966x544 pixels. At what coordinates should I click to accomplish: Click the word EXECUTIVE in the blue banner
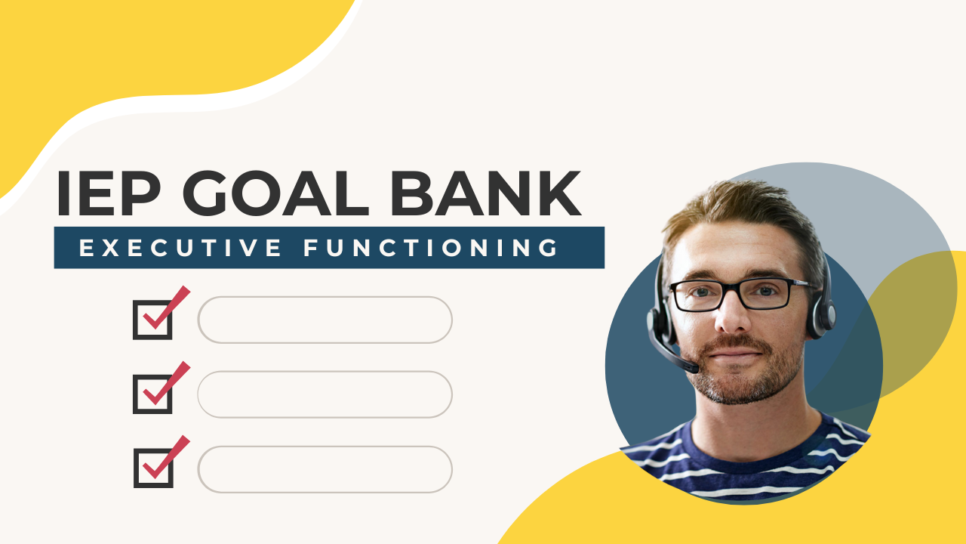180,247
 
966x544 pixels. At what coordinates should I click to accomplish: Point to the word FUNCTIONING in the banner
431,247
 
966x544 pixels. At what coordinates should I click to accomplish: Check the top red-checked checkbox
153,320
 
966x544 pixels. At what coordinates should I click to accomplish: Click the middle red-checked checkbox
153,394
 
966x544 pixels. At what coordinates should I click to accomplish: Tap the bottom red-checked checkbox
153,468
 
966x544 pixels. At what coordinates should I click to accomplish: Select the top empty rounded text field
325,320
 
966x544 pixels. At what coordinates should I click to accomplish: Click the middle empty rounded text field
325,394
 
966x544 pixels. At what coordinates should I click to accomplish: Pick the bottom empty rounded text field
325,468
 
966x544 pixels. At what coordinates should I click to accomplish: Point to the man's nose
731,317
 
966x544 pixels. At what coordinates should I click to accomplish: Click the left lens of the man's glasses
695,295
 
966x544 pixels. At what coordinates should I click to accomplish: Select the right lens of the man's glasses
763,292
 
